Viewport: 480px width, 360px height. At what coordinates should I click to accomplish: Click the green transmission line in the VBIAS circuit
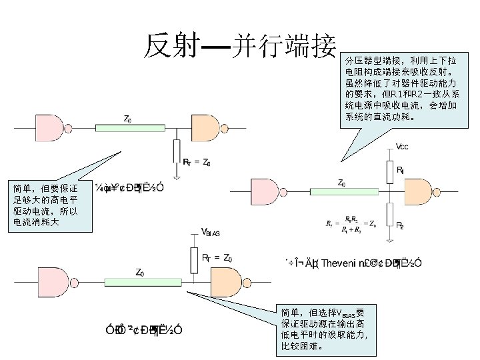[139, 282]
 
